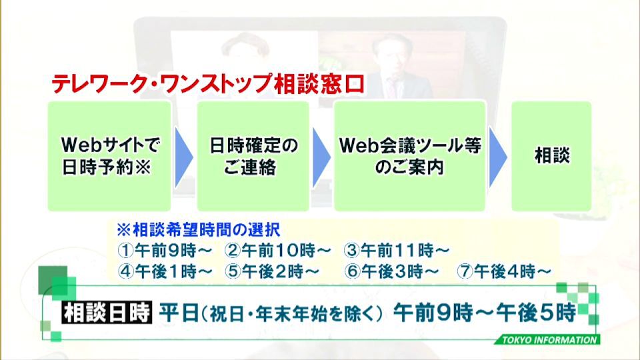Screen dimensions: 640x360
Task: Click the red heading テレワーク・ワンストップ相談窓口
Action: pos(208,84)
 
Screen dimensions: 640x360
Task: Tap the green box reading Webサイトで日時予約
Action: pos(109,156)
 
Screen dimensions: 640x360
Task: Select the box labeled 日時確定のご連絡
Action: pos(253,156)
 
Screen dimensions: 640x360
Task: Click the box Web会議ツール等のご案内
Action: pos(410,156)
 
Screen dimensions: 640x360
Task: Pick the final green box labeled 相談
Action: pos(551,156)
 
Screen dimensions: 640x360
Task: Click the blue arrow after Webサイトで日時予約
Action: pos(183,157)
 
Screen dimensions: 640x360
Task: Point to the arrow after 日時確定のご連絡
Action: pos(321,157)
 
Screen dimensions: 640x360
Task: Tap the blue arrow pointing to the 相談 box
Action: pos(498,157)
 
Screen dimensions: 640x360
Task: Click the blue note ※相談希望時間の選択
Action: pos(199,230)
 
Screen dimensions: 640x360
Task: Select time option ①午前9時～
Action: pos(165,251)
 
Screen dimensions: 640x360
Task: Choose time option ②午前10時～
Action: pos(277,251)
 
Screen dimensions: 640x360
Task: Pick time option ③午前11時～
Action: pos(396,251)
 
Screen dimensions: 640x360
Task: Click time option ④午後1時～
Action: pos(165,271)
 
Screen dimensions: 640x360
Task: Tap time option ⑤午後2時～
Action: pos(272,271)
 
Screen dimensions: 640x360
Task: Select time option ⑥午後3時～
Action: pos(391,271)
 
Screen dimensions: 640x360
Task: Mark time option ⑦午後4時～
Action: pos(504,271)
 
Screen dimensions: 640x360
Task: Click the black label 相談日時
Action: pos(107,313)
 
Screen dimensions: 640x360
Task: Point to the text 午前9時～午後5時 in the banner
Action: pos(485,313)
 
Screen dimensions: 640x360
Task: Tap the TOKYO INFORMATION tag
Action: pos(549,339)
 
